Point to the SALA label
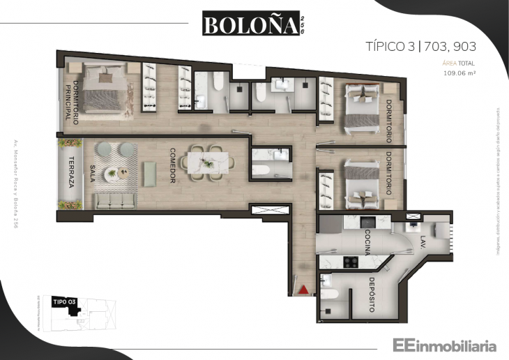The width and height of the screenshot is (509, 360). click(93, 172)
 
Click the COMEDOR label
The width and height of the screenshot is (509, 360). click(171, 165)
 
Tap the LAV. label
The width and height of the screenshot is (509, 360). click(424, 242)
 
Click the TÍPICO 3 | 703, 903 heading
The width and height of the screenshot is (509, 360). click(420, 47)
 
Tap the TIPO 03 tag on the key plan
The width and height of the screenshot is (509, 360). click(63, 301)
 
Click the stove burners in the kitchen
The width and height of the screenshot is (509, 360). click(350, 263)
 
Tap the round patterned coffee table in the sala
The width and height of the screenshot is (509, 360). click(112, 174)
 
